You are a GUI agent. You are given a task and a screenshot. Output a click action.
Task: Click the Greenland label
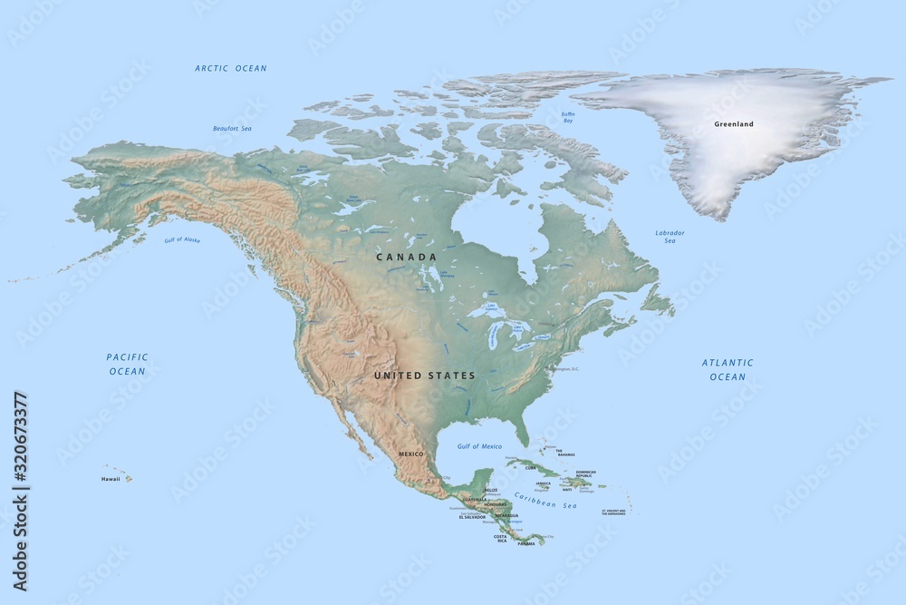point(733,124)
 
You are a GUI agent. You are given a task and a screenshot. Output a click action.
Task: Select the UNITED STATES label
point(424,376)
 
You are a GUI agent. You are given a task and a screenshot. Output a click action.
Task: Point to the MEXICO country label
point(411,453)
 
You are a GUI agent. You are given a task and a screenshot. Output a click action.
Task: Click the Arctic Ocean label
point(231,68)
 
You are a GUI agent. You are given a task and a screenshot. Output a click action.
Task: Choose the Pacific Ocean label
point(127,364)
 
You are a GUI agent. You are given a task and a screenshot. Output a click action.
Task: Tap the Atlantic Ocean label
point(728,369)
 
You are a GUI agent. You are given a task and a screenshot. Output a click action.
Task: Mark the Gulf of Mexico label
point(479,446)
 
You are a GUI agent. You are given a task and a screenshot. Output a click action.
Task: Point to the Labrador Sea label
point(670,237)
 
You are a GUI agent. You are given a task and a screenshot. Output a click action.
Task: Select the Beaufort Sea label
point(232,129)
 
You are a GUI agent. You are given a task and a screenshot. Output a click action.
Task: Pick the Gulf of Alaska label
point(182,239)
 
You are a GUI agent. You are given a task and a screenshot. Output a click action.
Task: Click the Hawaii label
point(111,478)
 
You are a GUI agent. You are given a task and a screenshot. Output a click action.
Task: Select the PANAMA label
point(526,544)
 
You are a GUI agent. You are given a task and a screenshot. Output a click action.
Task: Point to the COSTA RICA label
point(500,539)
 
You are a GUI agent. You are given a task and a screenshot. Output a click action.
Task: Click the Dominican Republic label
point(584,474)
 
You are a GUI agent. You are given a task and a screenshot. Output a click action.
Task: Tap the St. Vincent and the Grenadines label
point(613,512)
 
